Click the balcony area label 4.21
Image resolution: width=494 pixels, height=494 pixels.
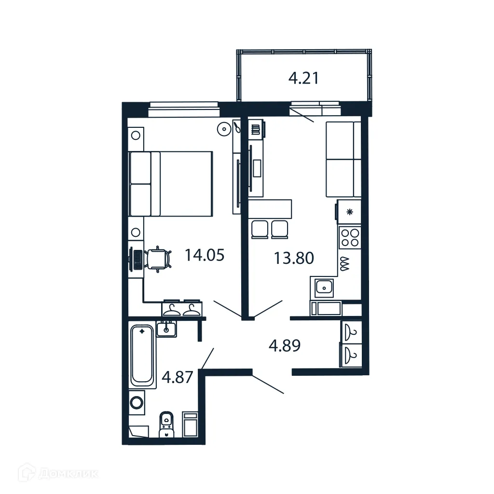click(x=303, y=78)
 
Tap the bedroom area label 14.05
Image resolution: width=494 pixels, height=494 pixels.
click(x=205, y=255)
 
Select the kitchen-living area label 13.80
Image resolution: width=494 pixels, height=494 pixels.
click(x=294, y=258)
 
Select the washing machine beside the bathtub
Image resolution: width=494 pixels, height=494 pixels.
click(x=137, y=402)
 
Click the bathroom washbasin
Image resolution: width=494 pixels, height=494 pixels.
click(x=166, y=329)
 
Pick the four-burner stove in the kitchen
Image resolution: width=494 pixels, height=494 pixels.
click(x=349, y=237)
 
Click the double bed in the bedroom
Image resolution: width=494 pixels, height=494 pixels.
click(x=171, y=184)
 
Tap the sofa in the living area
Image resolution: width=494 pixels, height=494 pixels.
click(x=343, y=159)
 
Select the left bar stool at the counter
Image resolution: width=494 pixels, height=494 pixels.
click(x=259, y=229)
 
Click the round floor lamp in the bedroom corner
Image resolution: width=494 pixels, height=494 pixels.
click(x=224, y=129)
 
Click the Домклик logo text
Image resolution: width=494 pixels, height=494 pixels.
click(x=69, y=474)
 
